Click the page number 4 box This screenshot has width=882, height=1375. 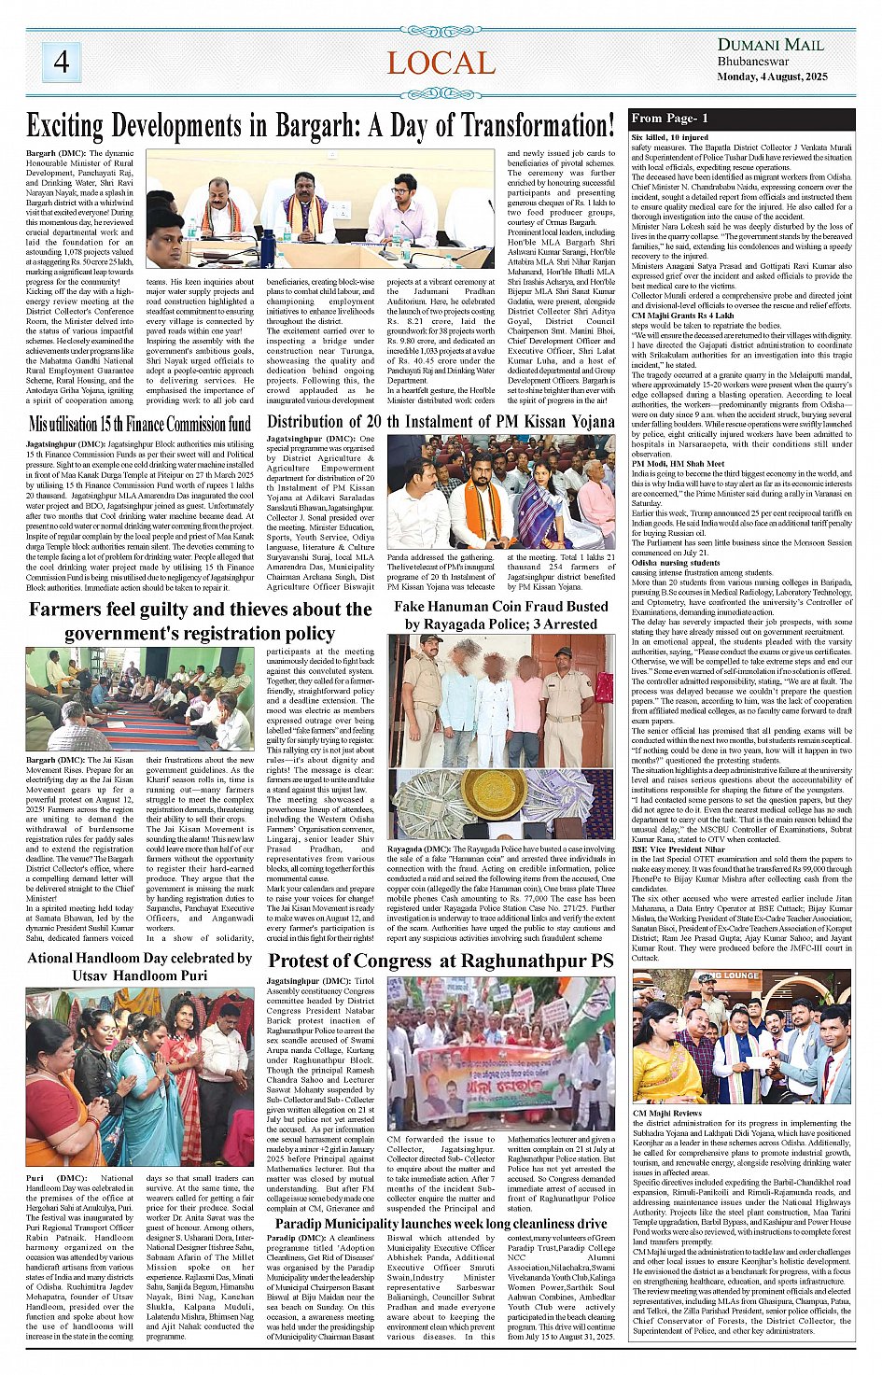[x=61, y=62]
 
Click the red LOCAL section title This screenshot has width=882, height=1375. [x=441, y=63]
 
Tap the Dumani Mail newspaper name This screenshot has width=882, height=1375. [x=770, y=45]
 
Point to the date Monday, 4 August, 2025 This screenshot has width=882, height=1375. [x=772, y=77]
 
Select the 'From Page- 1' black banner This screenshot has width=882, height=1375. [x=742, y=119]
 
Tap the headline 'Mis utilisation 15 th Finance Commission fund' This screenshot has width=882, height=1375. [x=139, y=425]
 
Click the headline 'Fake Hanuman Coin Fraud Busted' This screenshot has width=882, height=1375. [x=500, y=606]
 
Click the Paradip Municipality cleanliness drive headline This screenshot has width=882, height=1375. [x=441, y=1223]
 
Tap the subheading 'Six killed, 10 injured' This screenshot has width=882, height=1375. [x=669, y=137]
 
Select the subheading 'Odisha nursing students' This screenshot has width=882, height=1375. [x=675, y=563]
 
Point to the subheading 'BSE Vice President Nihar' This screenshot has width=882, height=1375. [x=678, y=849]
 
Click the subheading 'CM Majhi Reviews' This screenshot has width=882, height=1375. [x=666, y=1113]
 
